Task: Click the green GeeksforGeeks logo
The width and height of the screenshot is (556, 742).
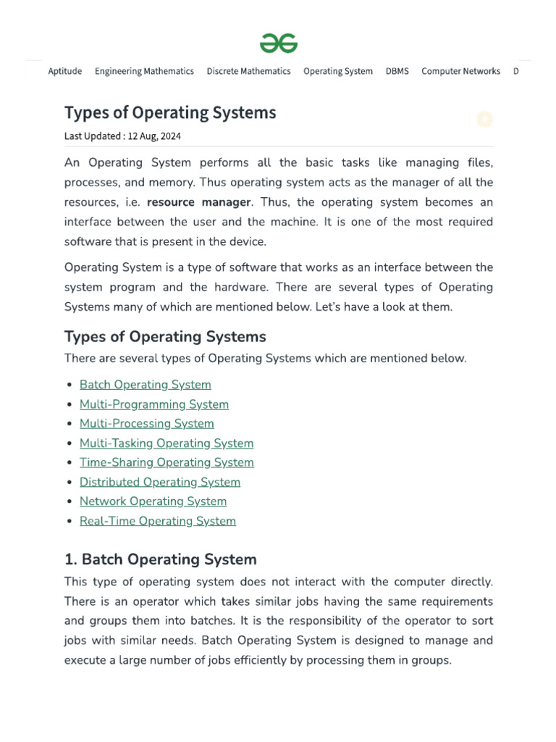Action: pos(279,43)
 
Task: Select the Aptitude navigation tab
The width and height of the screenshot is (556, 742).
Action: pos(64,71)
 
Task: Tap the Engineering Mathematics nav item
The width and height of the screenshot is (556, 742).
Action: pos(144,71)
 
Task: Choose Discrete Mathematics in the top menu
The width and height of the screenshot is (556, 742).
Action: pos(248,71)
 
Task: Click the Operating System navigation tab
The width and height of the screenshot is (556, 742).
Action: pos(338,71)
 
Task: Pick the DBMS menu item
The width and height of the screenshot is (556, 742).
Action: pos(397,71)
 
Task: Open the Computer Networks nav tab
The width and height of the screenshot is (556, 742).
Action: pos(460,71)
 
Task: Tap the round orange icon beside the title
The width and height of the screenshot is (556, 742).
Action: pos(484,120)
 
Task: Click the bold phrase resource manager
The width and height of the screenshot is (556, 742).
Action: pos(199,202)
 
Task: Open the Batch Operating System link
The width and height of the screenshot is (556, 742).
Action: pos(145,385)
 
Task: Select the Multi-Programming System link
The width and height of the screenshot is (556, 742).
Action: pos(153,404)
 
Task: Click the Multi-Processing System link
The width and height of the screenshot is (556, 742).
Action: pos(146,424)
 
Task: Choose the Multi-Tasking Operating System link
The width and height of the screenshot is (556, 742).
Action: pos(166,443)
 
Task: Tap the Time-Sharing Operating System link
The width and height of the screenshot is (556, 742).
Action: pos(167,462)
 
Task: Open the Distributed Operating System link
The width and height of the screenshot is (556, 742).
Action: pos(159,482)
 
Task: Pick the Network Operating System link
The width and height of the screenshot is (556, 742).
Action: pos(153,501)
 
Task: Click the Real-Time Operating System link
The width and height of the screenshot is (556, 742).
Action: pos(157,521)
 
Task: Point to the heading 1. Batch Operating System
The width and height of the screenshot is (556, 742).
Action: pos(160,559)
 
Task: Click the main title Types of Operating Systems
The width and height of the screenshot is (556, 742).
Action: pos(170,113)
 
